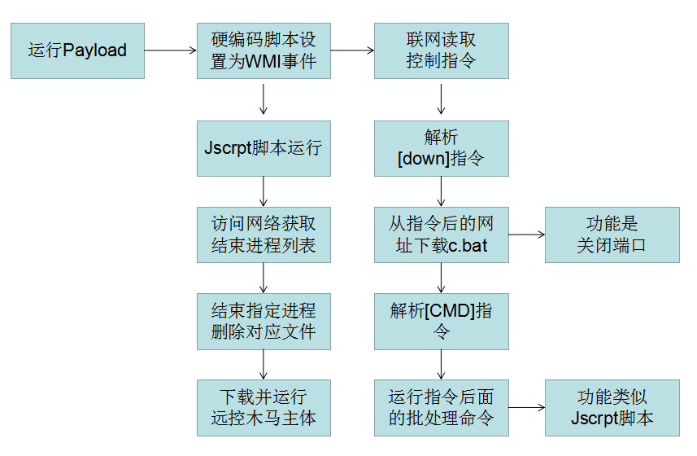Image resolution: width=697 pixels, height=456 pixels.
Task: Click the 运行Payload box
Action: [x=77, y=50]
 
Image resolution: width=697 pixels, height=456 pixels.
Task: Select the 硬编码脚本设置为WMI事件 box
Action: [x=264, y=50]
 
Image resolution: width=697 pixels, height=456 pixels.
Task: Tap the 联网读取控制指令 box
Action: [x=441, y=50]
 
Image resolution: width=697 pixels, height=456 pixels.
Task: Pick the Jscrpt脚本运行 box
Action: [x=264, y=148]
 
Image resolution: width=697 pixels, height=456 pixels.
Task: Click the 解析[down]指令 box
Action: [x=441, y=148]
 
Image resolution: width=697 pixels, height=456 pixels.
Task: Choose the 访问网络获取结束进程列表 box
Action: [x=264, y=235]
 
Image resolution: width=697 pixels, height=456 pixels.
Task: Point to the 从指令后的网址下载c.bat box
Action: [x=441, y=235]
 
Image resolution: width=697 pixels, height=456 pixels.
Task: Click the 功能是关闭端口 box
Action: [x=612, y=235]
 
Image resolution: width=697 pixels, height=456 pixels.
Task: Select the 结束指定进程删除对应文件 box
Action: [x=264, y=321]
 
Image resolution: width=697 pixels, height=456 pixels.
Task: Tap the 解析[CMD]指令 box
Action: [x=441, y=321]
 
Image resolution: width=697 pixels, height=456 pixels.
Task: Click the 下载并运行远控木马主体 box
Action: [x=264, y=407]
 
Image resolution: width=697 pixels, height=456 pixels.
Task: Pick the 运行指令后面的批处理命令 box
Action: [x=441, y=407]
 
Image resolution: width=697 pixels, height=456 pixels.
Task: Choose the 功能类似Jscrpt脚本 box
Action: [x=612, y=407]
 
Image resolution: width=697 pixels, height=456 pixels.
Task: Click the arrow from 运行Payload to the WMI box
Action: [x=171, y=50]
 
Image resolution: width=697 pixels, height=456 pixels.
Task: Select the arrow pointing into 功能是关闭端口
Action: [x=526, y=235]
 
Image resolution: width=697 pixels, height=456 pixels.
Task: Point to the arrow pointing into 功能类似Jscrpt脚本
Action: [x=526, y=407]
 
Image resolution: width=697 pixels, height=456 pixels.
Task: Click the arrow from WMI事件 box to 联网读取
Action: [x=352, y=50]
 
